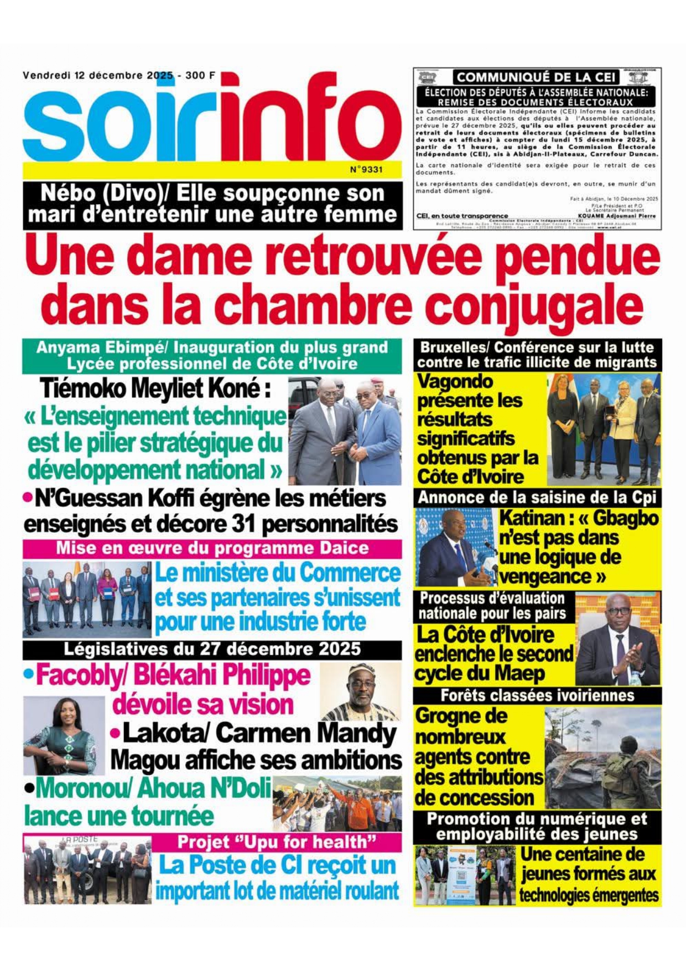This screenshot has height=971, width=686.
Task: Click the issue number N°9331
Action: [366, 169]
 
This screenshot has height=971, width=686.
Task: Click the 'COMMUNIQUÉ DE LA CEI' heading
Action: [536, 77]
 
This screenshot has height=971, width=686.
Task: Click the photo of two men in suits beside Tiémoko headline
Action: [345, 431]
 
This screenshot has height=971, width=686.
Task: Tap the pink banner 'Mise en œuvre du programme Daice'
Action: [212, 548]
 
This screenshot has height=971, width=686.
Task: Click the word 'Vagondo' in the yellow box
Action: [455, 381]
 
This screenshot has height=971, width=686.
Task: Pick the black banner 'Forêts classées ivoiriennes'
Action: [537, 695]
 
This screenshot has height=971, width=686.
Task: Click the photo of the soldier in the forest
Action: [602, 757]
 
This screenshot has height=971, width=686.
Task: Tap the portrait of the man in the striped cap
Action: [361, 692]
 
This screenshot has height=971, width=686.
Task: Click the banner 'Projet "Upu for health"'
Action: [277, 842]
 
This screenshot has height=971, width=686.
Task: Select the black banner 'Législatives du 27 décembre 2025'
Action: [212, 649]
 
